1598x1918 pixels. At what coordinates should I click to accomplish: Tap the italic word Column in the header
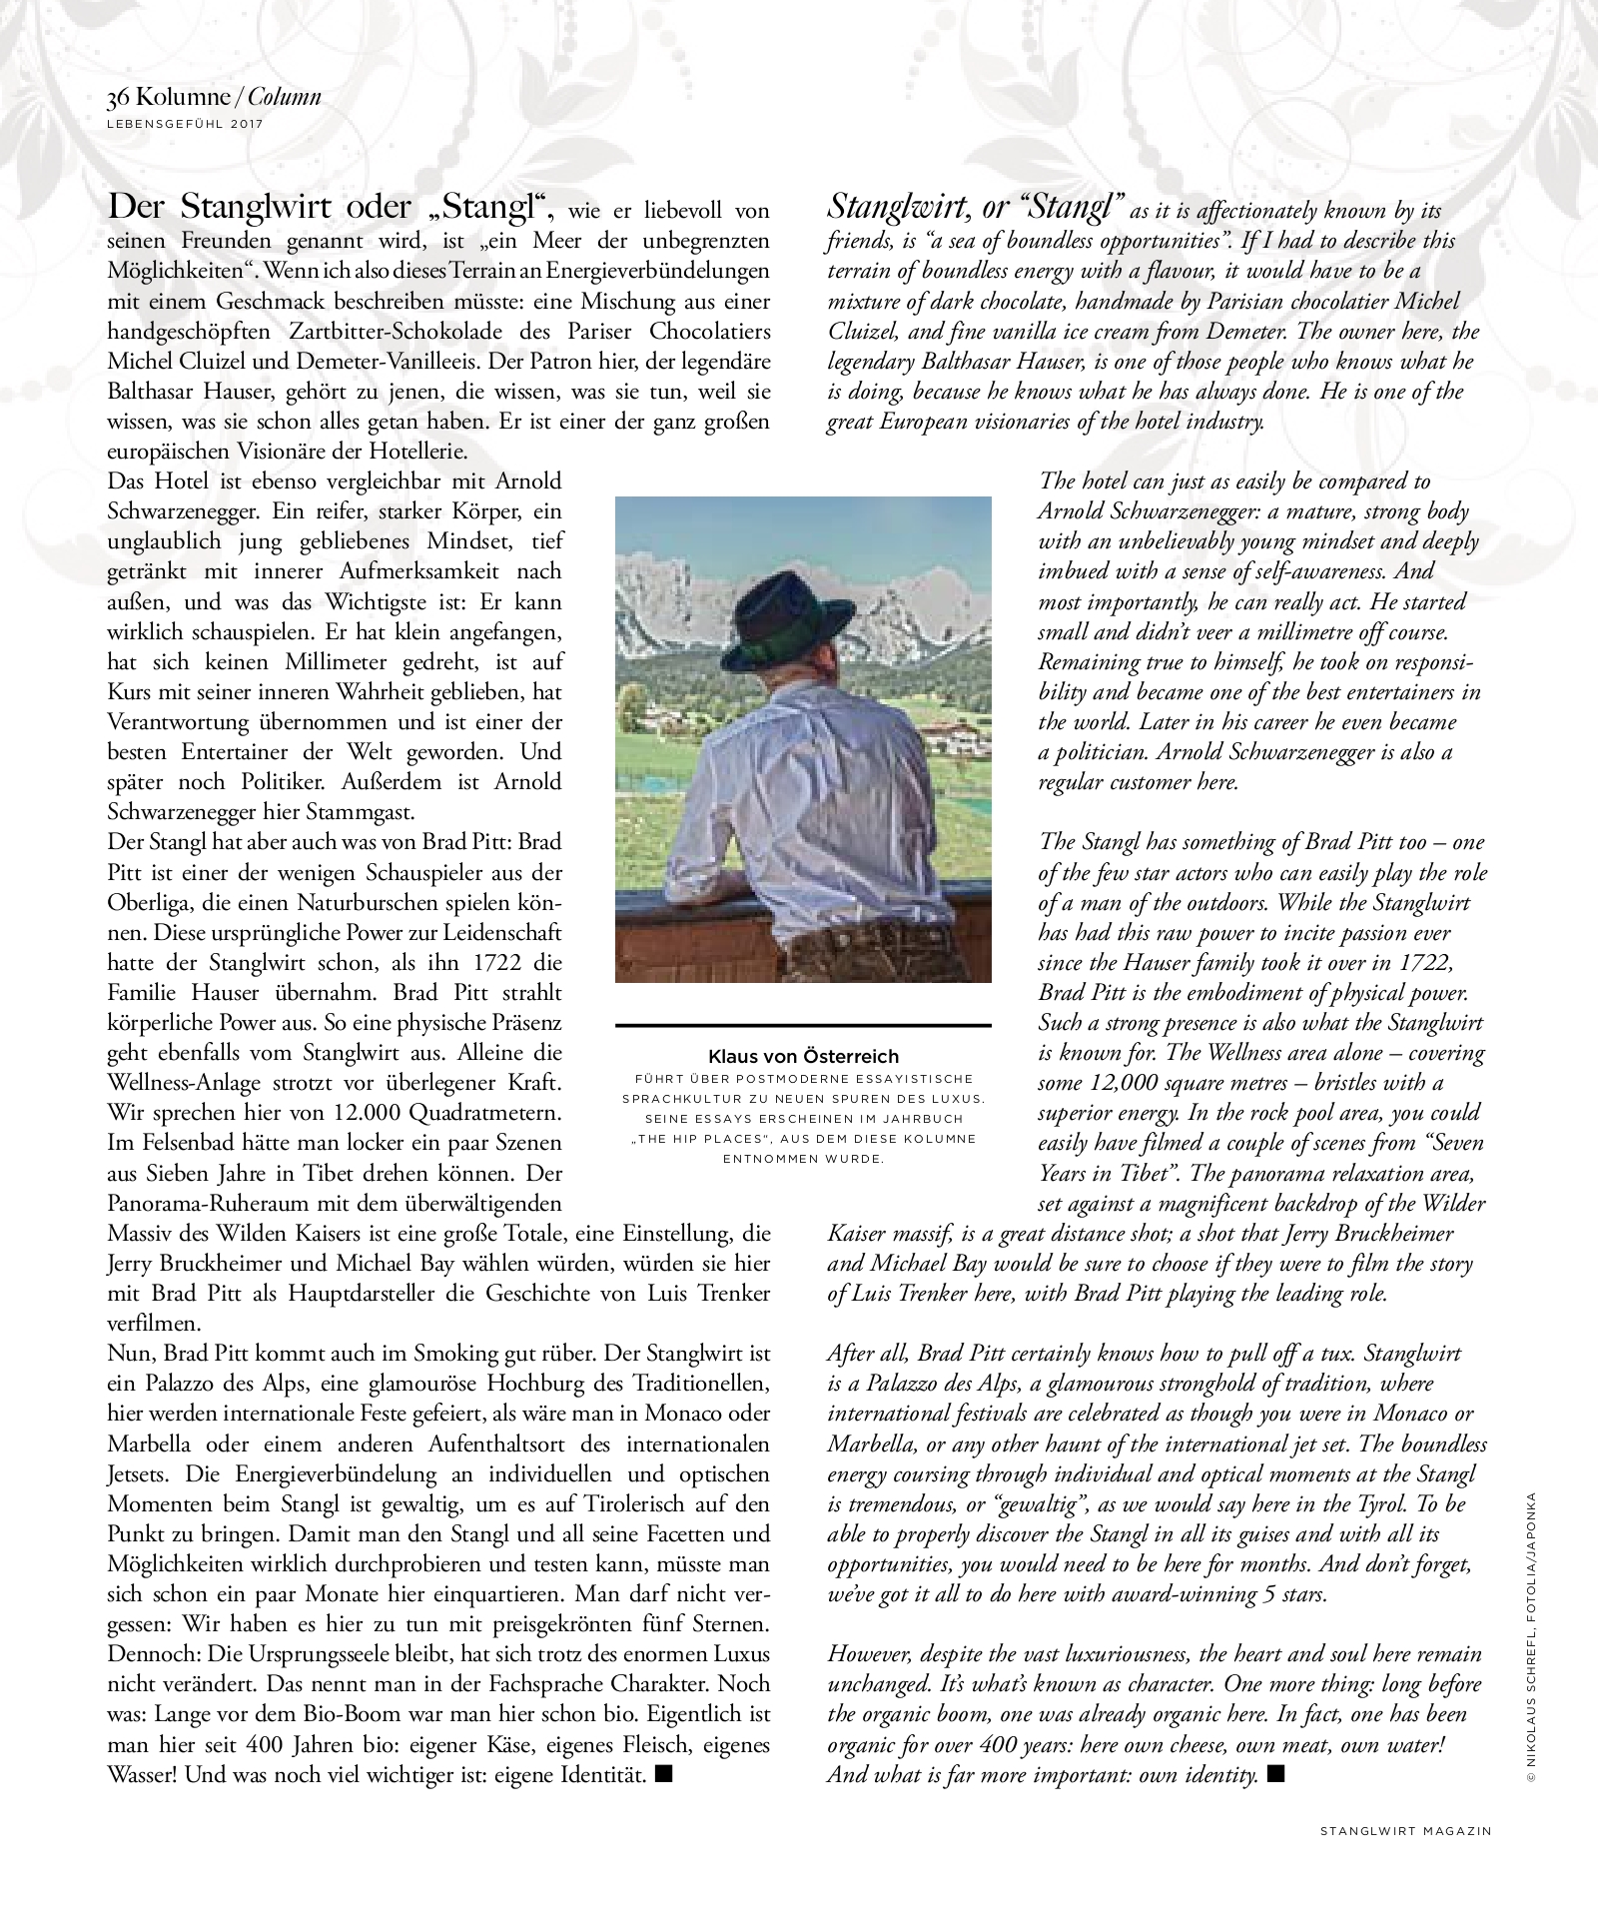coord(285,97)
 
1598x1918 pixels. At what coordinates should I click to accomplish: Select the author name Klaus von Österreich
coord(803,1056)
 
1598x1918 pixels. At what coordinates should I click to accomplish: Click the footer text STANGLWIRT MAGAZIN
coord(1405,1831)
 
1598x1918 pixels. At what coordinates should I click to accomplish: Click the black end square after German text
coord(665,1774)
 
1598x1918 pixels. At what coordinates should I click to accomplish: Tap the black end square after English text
coord(1273,1774)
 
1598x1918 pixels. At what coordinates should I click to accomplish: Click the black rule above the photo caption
coord(803,1025)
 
